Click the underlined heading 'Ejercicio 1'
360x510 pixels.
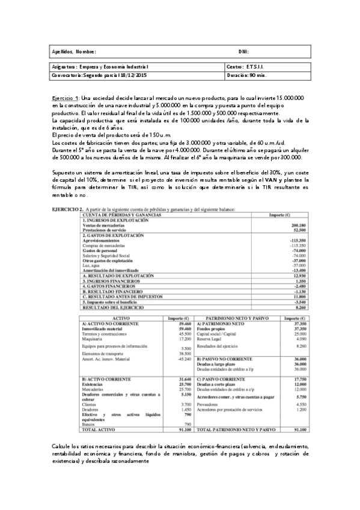coord(64,97)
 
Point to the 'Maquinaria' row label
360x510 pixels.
coord(92,339)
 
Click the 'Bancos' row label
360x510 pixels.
coord(88,425)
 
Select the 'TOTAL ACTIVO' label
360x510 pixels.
coord(96,430)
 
